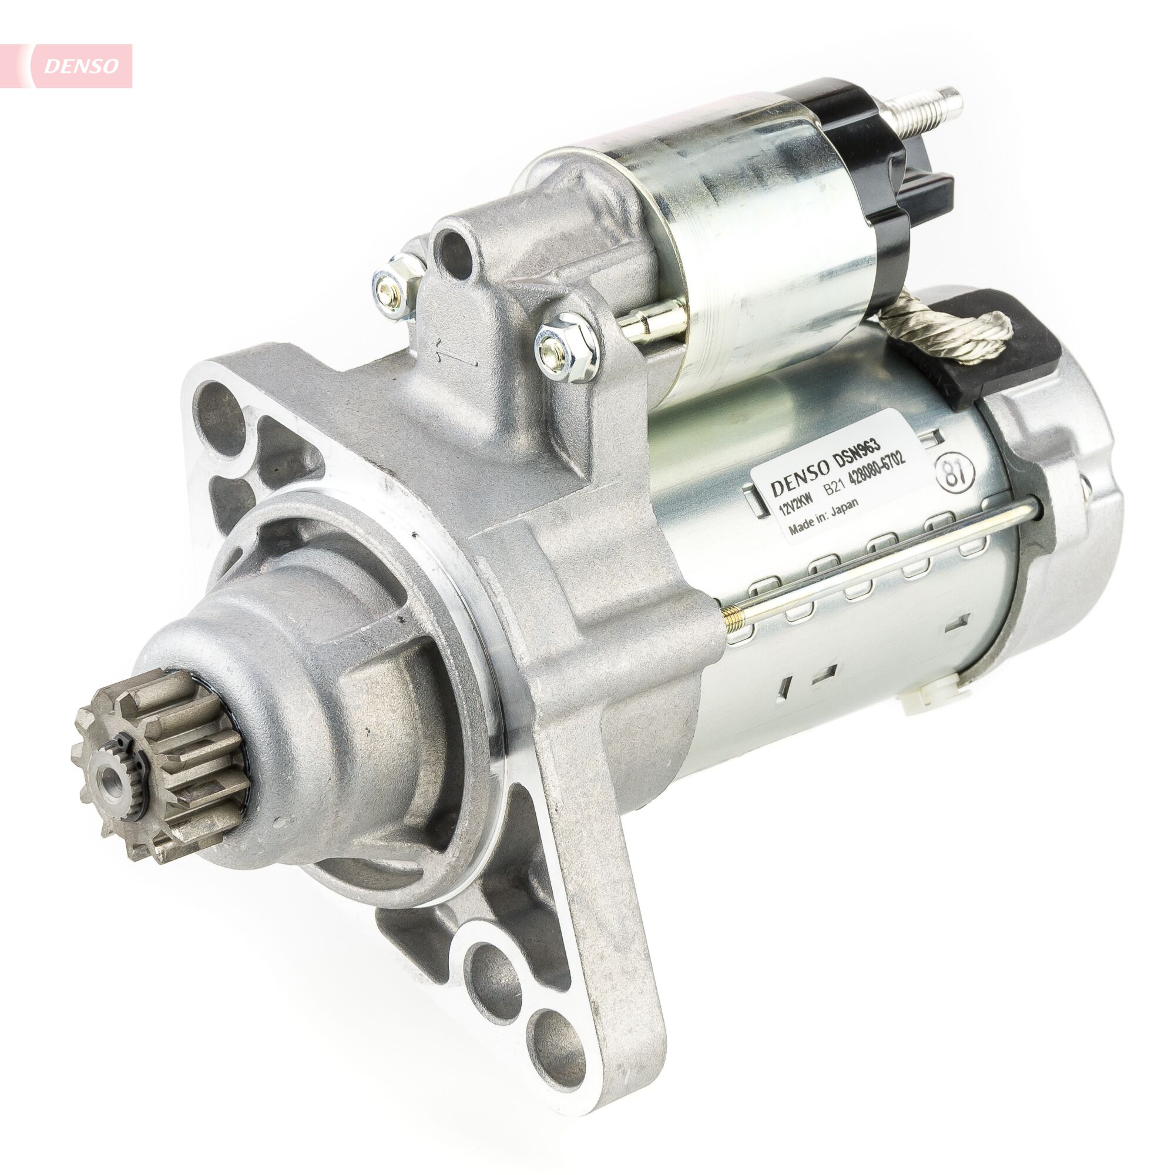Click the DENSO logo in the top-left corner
pyautogui.click(x=81, y=66)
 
